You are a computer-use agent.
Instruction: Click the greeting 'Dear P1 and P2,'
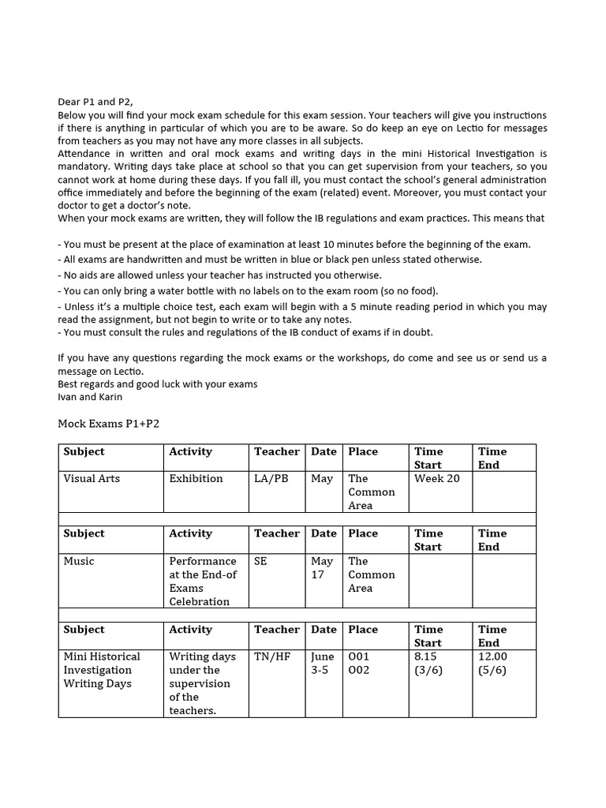coord(95,102)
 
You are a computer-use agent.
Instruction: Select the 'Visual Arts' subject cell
coord(92,478)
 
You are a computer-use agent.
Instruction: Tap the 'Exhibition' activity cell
coord(196,478)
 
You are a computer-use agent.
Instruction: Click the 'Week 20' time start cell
coord(436,478)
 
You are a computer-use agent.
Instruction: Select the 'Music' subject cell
coord(79,561)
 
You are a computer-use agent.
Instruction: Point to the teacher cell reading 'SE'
coord(260,561)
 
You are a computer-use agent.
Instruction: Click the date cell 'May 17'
coord(322,568)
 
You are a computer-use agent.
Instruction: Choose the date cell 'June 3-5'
coord(323,663)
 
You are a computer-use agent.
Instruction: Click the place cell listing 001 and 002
coord(359,663)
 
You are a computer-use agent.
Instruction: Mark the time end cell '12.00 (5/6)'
coord(492,663)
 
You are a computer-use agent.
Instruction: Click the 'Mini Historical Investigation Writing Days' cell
coord(102,670)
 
